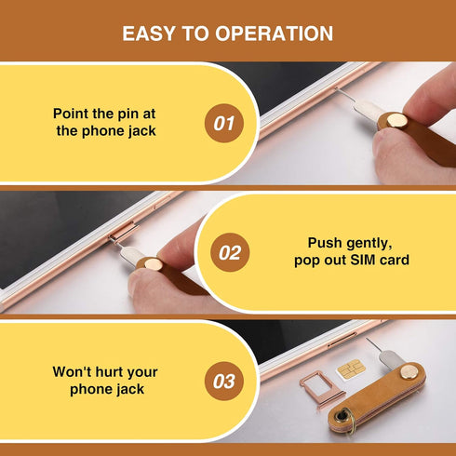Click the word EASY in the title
[x=151, y=34]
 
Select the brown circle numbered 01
[x=223, y=123]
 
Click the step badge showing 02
[x=230, y=252]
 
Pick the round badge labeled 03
[x=223, y=381]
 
